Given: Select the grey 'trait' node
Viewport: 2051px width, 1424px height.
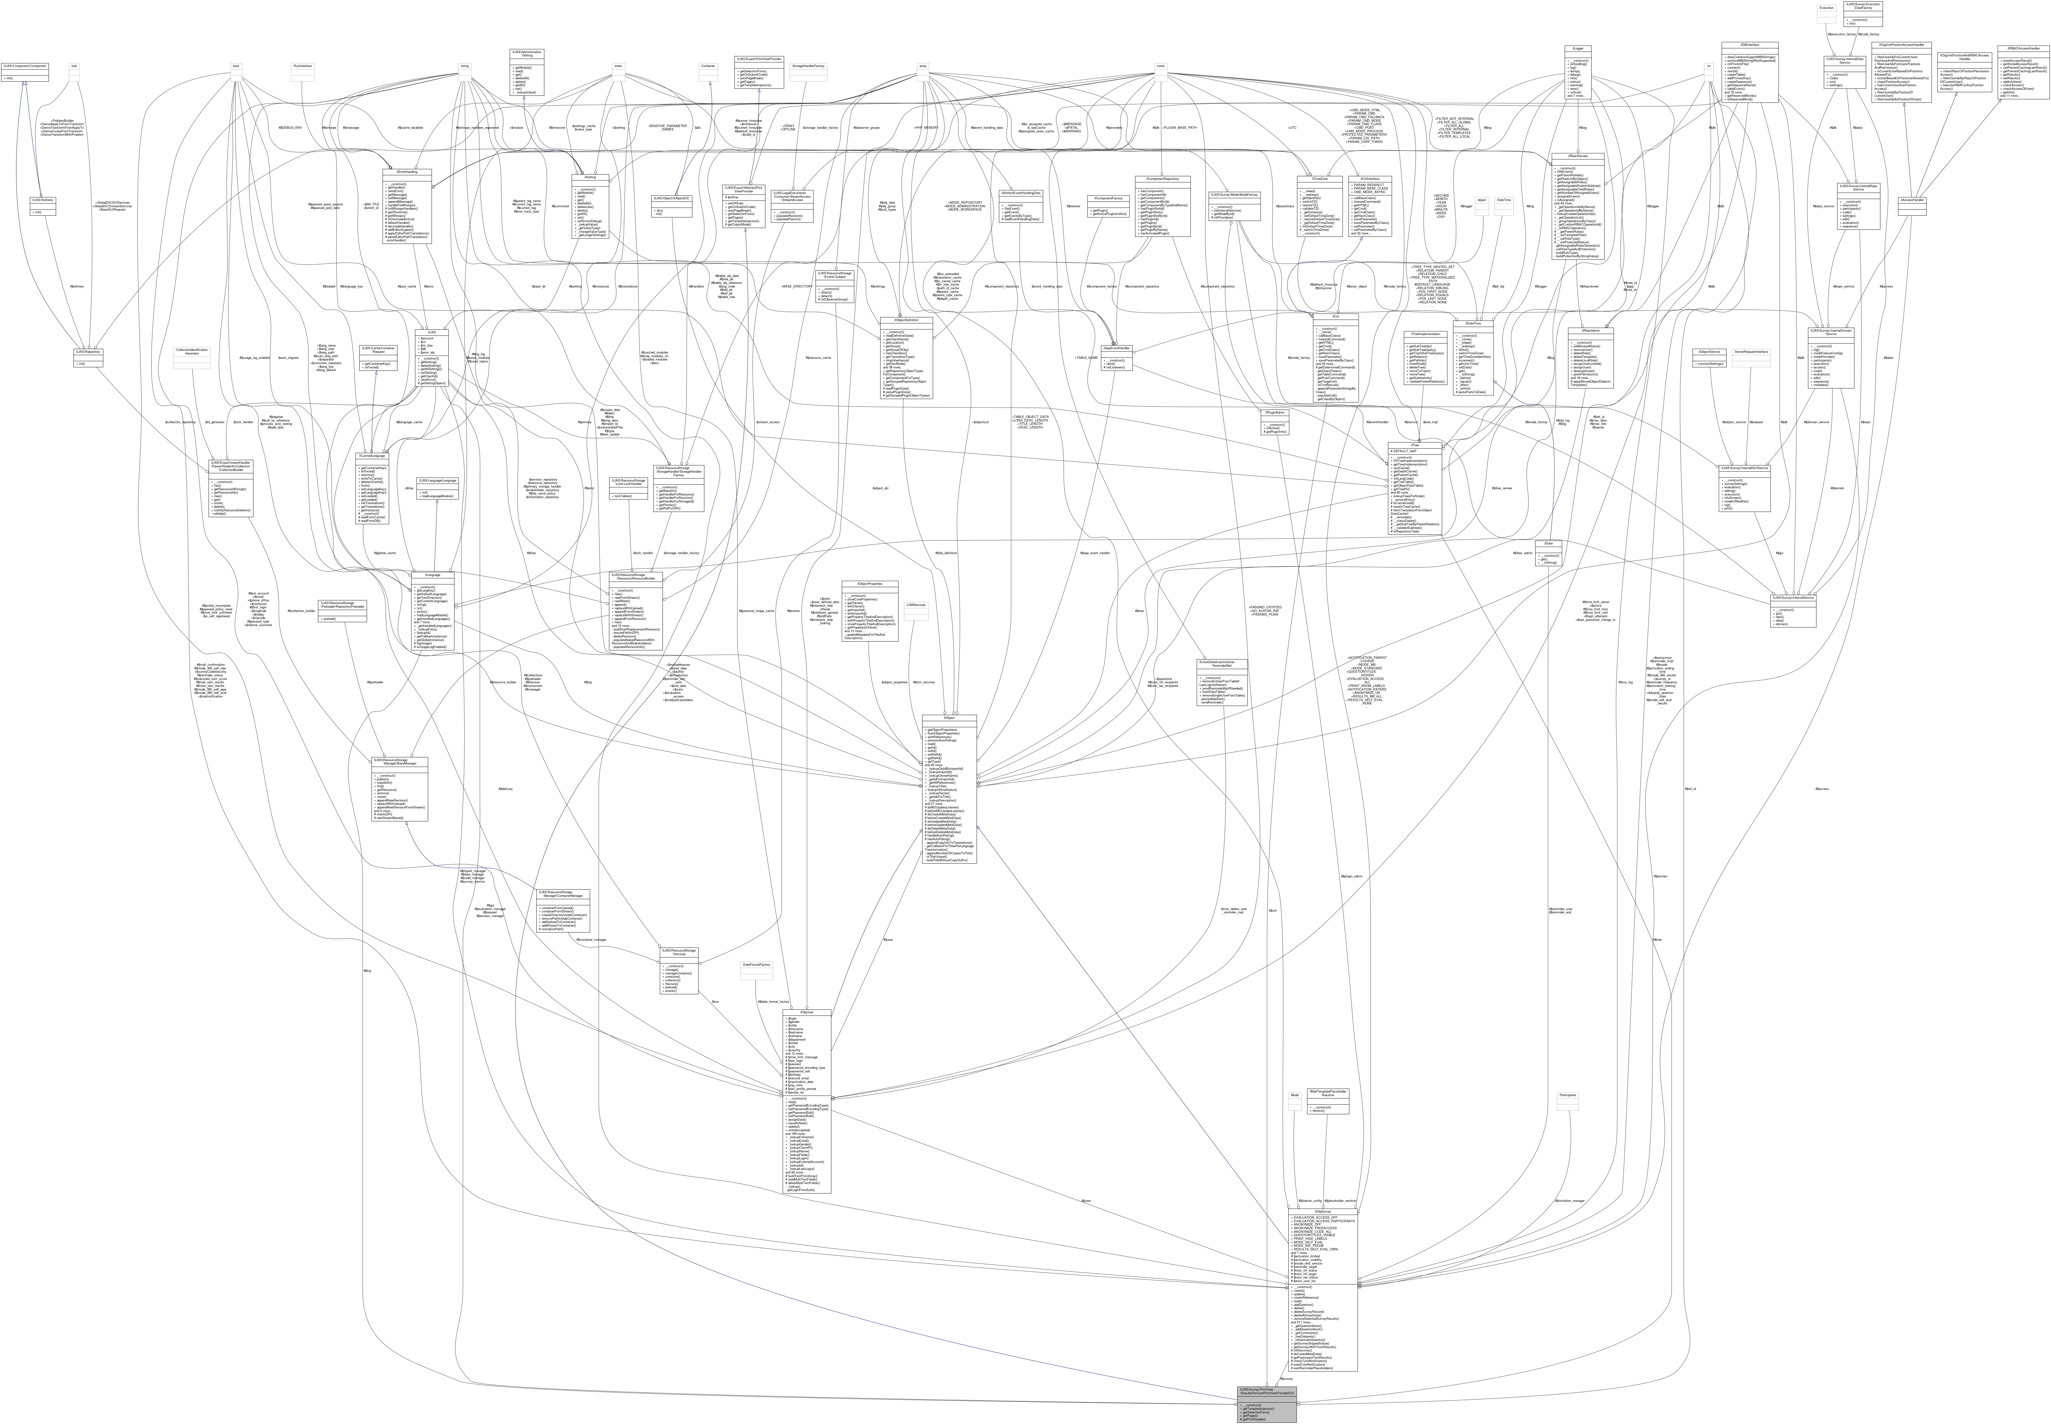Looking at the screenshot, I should coord(74,65).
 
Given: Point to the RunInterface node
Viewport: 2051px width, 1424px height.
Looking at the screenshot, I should coord(305,65).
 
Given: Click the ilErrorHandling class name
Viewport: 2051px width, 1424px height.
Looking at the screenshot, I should coord(406,172).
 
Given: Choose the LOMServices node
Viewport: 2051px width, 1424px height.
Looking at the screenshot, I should coord(916,605).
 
